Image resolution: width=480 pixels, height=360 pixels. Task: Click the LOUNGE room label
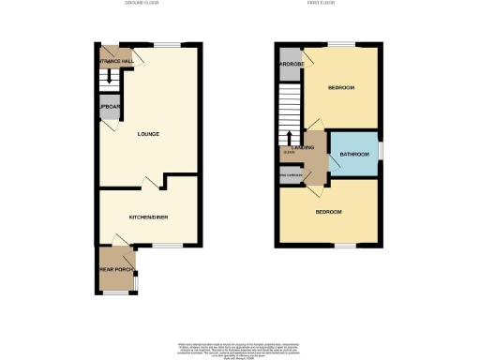tap(148, 134)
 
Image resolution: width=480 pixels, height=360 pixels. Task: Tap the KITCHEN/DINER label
tap(148, 217)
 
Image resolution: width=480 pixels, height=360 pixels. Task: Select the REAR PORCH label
tap(113, 269)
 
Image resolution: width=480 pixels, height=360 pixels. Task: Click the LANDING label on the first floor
tap(302, 147)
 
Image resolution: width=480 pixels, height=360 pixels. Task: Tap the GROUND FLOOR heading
tap(143, 4)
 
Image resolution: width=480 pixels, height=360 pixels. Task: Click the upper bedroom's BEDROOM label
tap(340, 88)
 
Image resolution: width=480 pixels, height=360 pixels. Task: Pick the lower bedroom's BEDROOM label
tap(328, 213)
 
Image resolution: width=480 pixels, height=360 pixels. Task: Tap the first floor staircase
tap(287, 110)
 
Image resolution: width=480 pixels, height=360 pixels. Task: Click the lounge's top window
tap(168, 45)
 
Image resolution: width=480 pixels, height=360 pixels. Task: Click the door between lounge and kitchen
tap(146, 180)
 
